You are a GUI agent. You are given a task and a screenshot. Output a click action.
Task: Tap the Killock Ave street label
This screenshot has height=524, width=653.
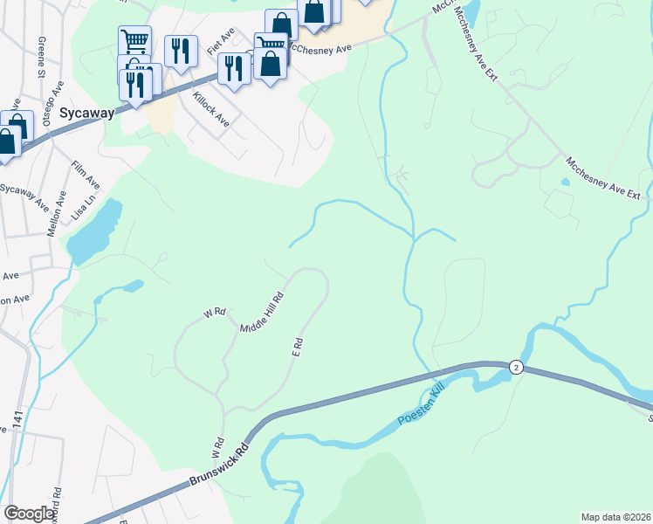210,108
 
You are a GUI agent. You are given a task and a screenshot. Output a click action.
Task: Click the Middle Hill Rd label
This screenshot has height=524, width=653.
263,311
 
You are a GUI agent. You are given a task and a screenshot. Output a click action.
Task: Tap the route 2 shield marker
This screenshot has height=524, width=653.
516,368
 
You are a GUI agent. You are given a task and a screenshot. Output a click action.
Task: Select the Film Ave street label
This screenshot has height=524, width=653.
86,174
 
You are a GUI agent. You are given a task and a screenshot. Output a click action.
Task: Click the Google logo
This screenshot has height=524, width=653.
30,514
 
